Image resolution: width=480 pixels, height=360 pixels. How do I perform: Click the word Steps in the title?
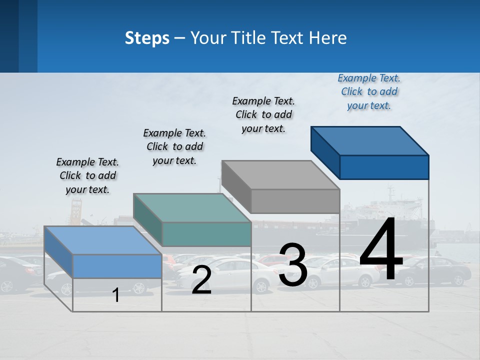point(147,38)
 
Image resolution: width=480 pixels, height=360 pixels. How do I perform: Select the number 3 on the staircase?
point(293,265)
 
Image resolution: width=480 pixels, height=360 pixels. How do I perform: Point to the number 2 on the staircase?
point(201,280)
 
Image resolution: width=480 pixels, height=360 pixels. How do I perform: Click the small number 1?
point(116,295)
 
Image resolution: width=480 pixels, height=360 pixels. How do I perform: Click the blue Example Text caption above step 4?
point(369,91)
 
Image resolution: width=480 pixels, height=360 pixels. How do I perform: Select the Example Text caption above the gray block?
point(263,114)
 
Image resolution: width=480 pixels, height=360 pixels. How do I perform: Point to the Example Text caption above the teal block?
point(174,146)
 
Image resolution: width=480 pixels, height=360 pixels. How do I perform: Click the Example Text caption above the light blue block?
point(87,175)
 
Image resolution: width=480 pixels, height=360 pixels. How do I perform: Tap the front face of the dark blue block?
point(384,167)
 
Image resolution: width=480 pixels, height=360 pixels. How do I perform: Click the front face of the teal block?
point(206,234)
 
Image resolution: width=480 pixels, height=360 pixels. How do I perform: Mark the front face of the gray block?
point(295,201)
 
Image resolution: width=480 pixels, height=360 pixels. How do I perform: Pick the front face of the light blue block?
point(117,266)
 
